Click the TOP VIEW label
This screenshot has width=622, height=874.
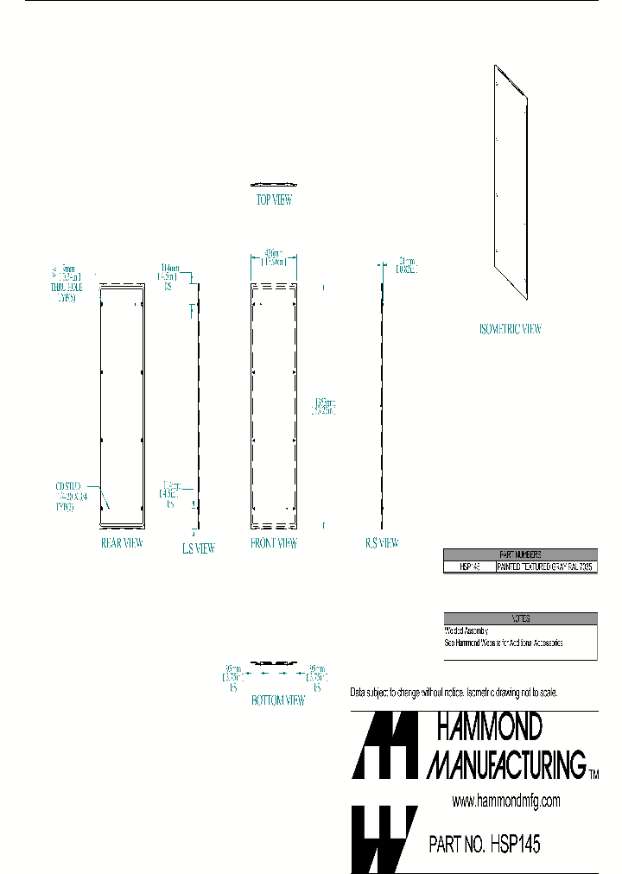click(273, 200)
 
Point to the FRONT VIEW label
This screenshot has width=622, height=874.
click(274, 543)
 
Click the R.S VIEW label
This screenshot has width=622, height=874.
click(381, 543)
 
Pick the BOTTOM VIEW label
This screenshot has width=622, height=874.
click(277, 700)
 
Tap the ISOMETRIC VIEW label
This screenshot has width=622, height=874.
click(510, 328)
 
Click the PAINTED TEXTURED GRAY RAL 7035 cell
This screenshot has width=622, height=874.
click(546, 567)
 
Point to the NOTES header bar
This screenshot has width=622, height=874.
click(520, 617)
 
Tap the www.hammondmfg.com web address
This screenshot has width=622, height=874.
click(506, 801)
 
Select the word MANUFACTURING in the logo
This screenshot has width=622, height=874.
click(508, 763)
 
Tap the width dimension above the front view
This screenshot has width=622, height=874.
click(274, 258)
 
